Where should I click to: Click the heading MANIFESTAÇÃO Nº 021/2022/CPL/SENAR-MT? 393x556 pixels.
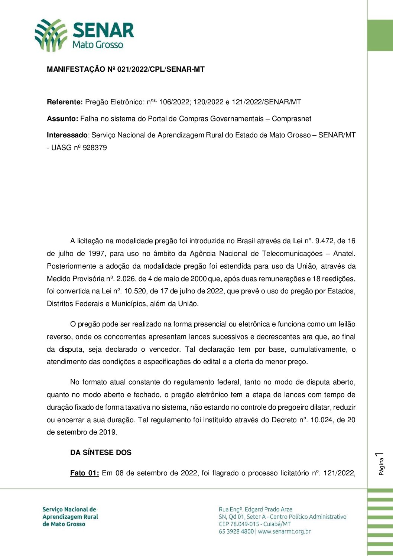pyautogui.click(x=126, y=69)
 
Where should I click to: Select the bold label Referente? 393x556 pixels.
pyautogui.click(x=65, y=102)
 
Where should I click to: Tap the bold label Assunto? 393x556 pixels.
pyautogui.click(x=62, y=119)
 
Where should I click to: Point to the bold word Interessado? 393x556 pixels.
pyautogui.click(x=67, y=135)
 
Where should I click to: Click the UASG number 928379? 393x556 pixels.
pyautogui.click(x=95, y=148)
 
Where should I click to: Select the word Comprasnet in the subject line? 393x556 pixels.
pyautogui.click(x=292, y=119)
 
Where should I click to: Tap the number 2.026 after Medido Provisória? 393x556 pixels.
pyautogui.click(x=126, y=279)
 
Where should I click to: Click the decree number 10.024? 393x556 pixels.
pyautogui.click(x=322, y=420)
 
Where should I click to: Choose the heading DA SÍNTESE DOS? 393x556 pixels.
pyautogui.click(x=101, y=453)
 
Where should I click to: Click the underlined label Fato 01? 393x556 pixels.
pyautogui.click(x=84, y=473)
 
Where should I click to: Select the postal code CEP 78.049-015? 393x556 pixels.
pyautogui.click(x=239, y=524)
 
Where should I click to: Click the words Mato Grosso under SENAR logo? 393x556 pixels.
pyautogui.click(x=98, y=45)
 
